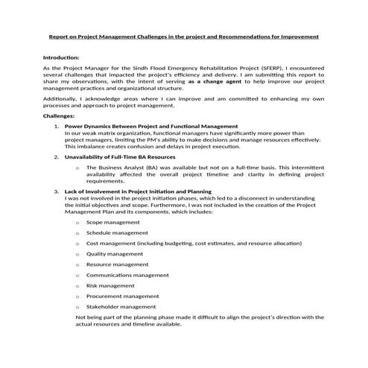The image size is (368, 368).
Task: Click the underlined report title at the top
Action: tap(183, 36)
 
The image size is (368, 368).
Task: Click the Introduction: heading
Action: tap(63, 57)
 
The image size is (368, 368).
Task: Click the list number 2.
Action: tap(57, 157)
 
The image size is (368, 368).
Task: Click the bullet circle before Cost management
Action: tap(77, 244)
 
